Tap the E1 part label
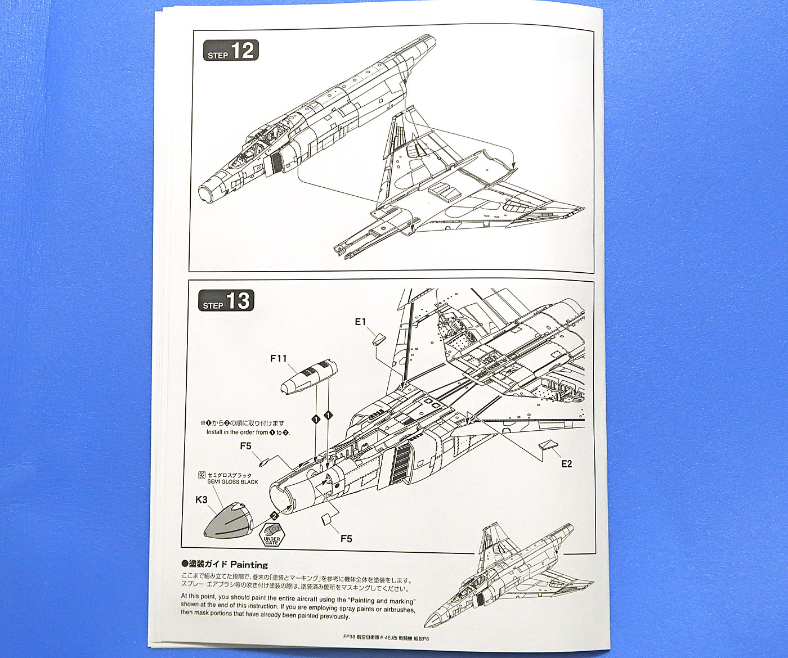pyautogui.click(x=361, y=322)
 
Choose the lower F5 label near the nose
pyautogui.click(x=346, y=538)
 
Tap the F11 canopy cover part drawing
pyautogui.click(x=308, y=378)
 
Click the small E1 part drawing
pyautogui.click(x=378, y=338)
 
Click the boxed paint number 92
pyautogui.click(x=202, y=475)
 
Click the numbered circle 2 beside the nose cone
pyautogui.click(x=274, y=515)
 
